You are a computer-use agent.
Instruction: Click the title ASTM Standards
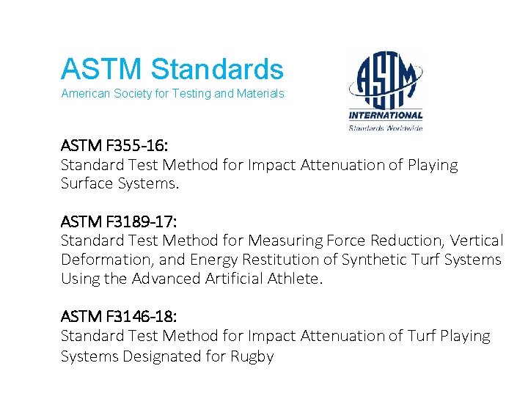pyautogui.click(x=172, y=70)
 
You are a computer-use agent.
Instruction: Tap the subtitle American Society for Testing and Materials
pyautogui.click(x=172, y=94)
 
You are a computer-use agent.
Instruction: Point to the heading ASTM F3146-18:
pyautogui.click(x=118, y=316)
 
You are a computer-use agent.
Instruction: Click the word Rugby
pyautogui.click(x=252, y=357)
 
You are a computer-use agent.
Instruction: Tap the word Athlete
pyautogui.click(x=289, y=279)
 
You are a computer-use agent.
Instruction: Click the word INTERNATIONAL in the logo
pyautogui.click(x=386, y=115)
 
